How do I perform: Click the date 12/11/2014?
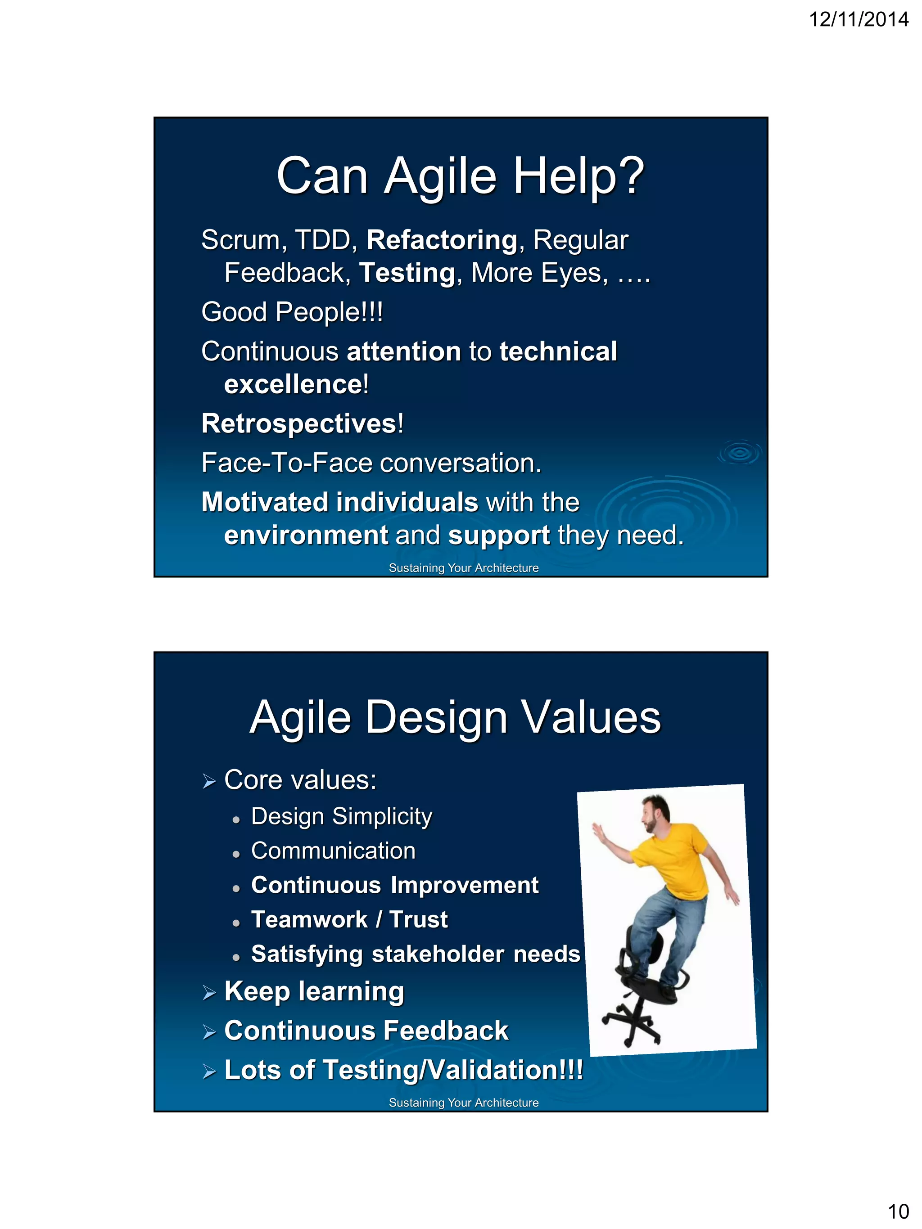coord(858,19)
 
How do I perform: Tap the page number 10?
coord(898,1211)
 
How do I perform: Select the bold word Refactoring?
coord(442,240)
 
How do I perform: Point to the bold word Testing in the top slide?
coord(407,273)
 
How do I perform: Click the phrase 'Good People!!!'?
coord(292,312)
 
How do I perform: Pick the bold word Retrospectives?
coord(299,423)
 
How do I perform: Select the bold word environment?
coord(306,535)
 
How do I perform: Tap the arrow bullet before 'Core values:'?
coord(209,782)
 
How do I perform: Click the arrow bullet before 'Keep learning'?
coord(209,992)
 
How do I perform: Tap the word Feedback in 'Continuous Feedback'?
coord(446,1031)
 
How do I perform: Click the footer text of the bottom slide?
coord(464,1103)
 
